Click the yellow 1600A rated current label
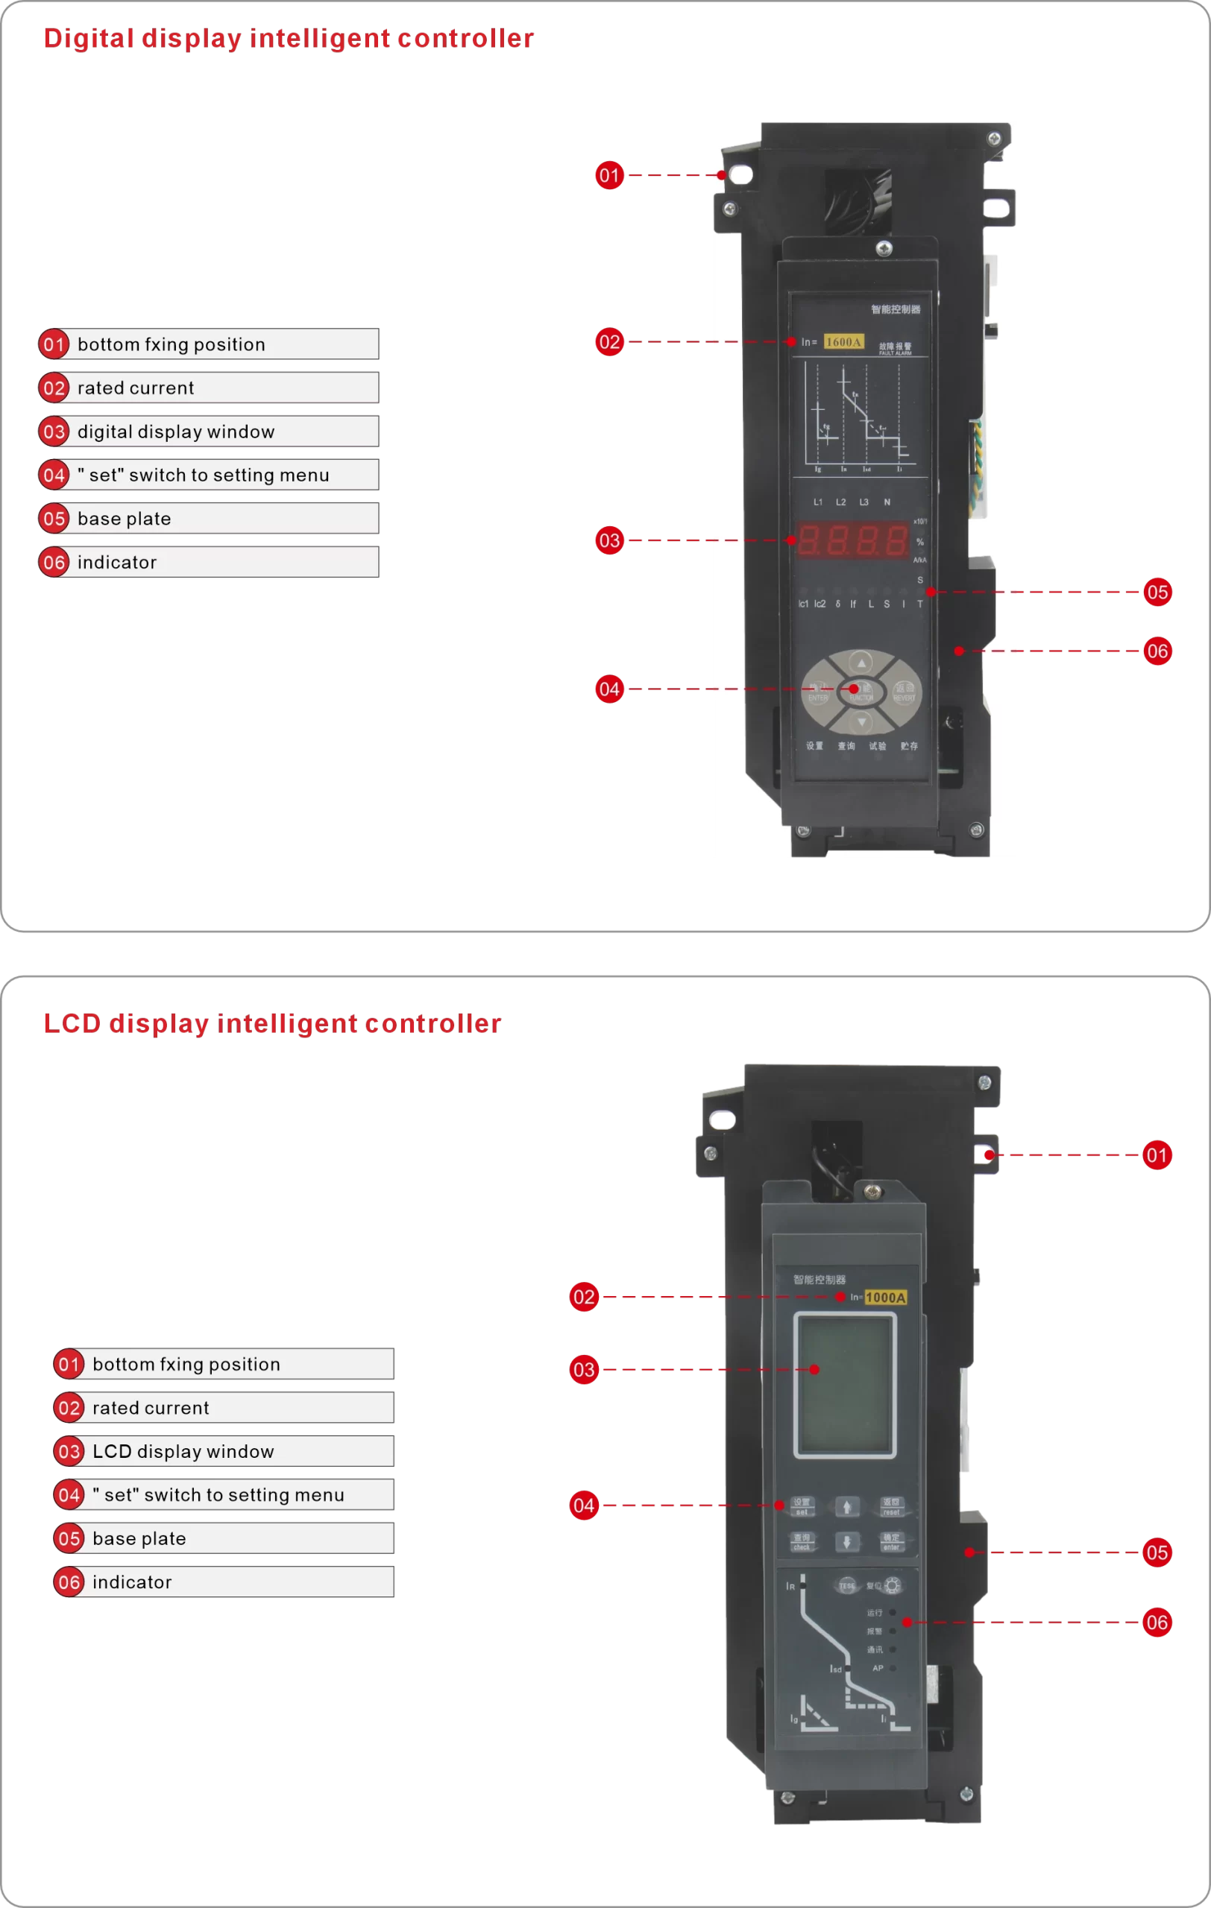[843, 341]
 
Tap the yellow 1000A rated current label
[885, 1297]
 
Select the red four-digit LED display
[852, 540]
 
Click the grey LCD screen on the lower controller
[845, 1385]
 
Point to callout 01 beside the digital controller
[608, 175]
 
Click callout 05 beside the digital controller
[1157, 592]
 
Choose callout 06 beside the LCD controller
[1157, 1622]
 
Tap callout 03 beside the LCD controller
[583, 1369]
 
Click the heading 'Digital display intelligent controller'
[289, 38]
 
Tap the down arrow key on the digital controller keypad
[861, 722]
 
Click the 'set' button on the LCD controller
[802, 1506]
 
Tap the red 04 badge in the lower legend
[69, 1495]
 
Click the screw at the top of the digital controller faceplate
[884, 248]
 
